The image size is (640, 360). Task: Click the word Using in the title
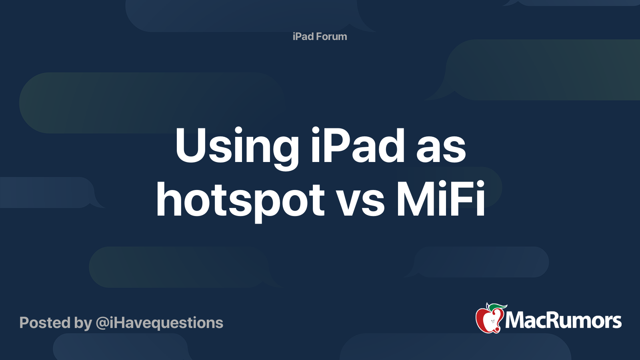tap(237, 148)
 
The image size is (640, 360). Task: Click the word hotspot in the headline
tap(240, 202)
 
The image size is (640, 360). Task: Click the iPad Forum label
tap(320, 36)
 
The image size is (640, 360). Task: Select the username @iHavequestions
tap(160, 323)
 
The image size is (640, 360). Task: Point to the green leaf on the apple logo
tap(497, 307)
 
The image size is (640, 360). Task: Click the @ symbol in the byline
tap(102, 324)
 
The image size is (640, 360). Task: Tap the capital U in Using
tap(190, 145)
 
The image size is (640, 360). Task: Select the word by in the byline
tap(83, 323)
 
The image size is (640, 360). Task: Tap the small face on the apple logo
tap(493, 321)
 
